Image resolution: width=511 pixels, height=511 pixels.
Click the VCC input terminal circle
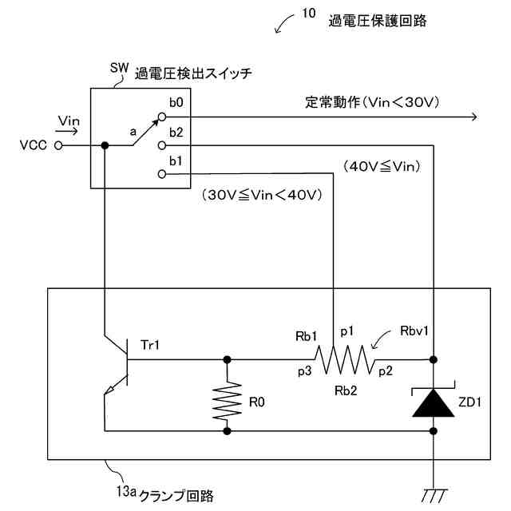58,145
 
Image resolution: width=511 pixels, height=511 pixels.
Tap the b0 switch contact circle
162,117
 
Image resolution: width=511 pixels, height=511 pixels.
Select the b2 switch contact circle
162,145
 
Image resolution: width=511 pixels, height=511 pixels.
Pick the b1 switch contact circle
162,174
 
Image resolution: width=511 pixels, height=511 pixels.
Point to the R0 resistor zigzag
227,401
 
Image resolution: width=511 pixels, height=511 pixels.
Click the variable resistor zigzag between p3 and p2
344,359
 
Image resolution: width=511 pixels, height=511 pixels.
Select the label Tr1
150,345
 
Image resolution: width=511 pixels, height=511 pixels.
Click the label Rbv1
414,331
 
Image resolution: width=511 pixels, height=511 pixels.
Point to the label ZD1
469,402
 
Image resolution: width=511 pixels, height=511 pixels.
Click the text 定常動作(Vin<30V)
372,102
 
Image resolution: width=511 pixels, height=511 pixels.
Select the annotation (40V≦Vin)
382,167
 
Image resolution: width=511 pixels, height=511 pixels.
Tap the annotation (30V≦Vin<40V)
262,195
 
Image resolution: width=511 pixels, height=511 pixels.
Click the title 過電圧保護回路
378,21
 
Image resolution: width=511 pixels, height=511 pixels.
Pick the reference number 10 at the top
309,14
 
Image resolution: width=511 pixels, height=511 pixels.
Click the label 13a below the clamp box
126,492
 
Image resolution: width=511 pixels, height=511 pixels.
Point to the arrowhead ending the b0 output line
474,117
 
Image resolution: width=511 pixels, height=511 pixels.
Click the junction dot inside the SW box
105,145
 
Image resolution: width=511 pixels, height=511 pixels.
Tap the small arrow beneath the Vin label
66,131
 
